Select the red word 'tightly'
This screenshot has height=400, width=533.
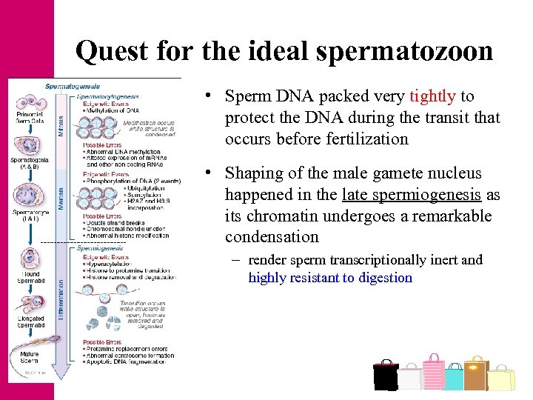point(433,96)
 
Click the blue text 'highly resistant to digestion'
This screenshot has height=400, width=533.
point(330,278)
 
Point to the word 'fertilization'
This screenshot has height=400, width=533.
point(367,139)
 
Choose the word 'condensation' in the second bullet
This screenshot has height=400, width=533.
point(272,238)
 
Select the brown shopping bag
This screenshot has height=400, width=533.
point(476,373)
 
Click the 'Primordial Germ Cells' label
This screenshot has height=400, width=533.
point(29,118)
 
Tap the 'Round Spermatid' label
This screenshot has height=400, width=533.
point(30,276)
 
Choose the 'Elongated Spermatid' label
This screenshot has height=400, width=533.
point(30,321)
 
